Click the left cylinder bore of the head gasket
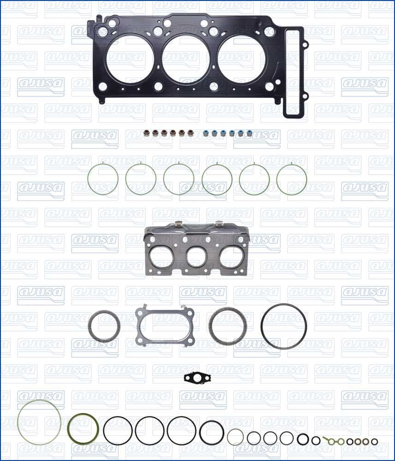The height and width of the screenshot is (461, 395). click(x=130, y=59)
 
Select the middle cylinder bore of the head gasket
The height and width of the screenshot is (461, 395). click(x=185, y=59)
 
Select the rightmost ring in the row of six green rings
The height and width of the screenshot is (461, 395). click(x=292, y=179)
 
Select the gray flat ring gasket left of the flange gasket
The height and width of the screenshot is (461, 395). click(x=104, y=326)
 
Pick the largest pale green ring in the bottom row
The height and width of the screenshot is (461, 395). click(x=39, y=422)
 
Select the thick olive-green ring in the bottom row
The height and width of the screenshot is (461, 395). click(x=84, y=429)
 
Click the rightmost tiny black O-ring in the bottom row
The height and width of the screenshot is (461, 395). click(x=374, y=442)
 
